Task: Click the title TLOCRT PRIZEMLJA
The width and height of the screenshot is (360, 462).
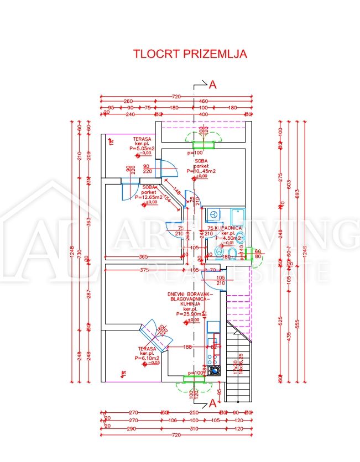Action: click(x=190, y=54)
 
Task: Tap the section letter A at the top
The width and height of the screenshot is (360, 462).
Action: click(x=212, y=85)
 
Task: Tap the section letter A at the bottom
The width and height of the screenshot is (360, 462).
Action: click(x=211, y=404)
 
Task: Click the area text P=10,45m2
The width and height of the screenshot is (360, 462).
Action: click(x=205, y=171)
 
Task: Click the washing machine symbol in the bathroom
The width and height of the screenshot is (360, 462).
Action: click(x=213, y=214)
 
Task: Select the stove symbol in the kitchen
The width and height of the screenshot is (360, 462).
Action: click(x=213, y=372)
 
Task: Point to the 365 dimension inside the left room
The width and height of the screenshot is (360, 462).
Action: click(x=143, y=257)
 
